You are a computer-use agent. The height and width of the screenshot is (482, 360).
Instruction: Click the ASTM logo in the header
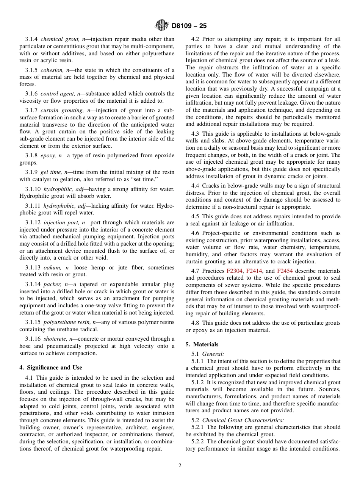162,26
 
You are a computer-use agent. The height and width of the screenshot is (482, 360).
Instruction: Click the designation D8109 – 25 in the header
189,26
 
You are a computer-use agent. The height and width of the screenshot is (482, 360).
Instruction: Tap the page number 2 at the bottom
180,466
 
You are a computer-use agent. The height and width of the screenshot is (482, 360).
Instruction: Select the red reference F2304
235,271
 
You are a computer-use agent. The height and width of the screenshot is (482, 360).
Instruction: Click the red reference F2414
254,271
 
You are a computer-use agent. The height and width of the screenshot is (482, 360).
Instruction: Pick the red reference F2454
285,271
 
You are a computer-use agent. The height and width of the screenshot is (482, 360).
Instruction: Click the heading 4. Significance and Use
51,368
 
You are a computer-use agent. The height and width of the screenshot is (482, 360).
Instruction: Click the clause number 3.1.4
31,39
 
